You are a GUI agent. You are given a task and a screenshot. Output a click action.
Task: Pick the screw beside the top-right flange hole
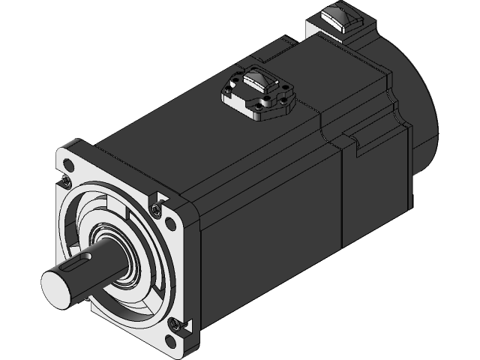pos(156,207)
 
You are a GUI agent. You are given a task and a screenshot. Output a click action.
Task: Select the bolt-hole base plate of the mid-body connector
pos(259,101)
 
